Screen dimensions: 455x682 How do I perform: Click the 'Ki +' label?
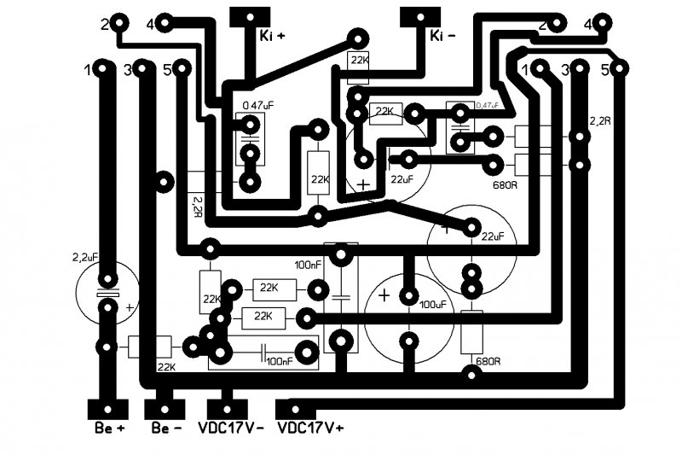tap(273, 36)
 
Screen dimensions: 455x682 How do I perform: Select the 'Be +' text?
tap(109, 427)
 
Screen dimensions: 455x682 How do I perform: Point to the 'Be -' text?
tap(165, 427)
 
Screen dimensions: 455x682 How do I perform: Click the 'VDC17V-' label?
tap(231, 427)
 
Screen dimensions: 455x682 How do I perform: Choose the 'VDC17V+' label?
tap(310, 427)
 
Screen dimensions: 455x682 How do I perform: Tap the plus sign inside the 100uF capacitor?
tap(384, 295)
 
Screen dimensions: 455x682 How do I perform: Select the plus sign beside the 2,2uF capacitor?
tap(130, 307)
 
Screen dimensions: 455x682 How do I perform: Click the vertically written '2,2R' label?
tap(197, 205)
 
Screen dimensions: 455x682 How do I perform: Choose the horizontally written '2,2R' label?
tap(600, 121)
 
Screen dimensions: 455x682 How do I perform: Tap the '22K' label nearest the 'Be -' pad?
tap(165, 367)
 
